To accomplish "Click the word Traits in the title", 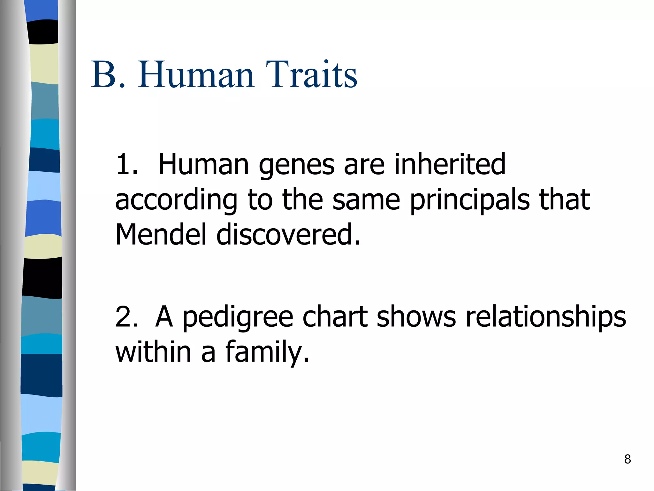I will point(311,75).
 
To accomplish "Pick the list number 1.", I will point(126,165).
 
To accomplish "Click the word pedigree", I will point(238,318).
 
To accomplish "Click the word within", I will point(153,352).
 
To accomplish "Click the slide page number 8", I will point(627,459).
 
